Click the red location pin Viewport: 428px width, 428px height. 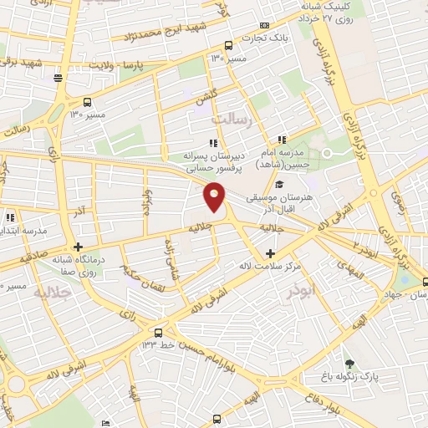tap(215, 198)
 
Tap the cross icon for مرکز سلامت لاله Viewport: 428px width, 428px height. tap(269, 252)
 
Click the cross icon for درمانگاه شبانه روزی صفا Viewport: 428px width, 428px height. tap(77, 247)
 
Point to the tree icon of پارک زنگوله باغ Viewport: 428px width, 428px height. tap(349, 364)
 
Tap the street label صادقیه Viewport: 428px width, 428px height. tap(28, 260)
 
